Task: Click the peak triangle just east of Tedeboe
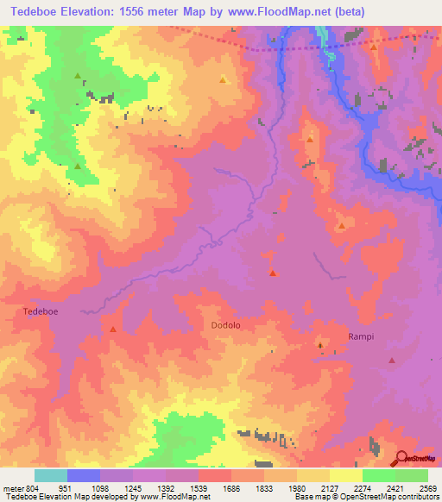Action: tap(113, 329)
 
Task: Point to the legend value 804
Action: tap(31, 489)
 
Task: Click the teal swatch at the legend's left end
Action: tap(51, 475)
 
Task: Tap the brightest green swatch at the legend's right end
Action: tap(412, 475)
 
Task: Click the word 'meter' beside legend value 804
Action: tap(12, 489)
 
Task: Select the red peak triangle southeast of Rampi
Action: tap(392, 361)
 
